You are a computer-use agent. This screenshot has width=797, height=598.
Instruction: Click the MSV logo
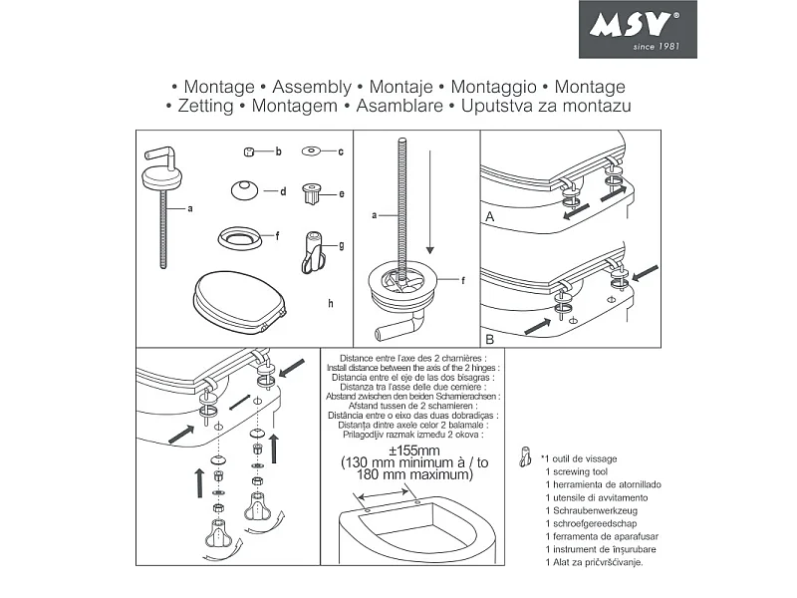point(638,29)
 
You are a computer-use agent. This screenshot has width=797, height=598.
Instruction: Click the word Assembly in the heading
point(311,88)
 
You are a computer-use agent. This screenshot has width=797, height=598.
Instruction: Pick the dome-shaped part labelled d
point(243,190)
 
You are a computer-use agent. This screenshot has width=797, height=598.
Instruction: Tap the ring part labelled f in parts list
point(236,238)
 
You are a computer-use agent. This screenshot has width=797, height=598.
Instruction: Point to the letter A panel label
point(489,215)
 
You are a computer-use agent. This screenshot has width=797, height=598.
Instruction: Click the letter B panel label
point(489,339)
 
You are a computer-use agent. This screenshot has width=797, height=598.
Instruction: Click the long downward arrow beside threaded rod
point(428,200)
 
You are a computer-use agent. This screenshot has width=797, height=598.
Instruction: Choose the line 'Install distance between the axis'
point(413,368)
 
